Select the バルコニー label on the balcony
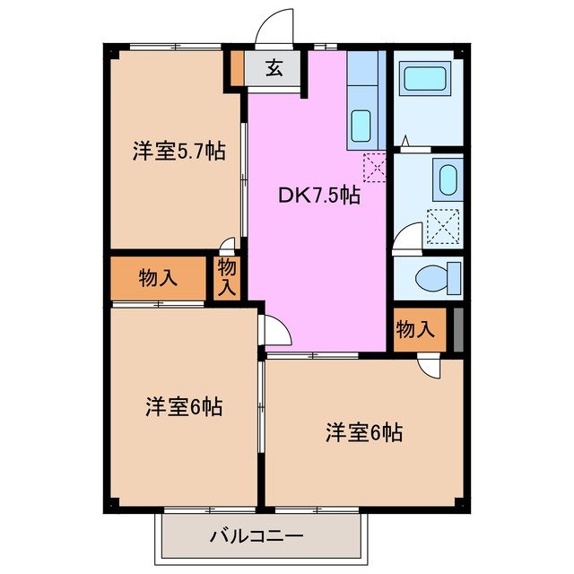click(x=257, y=537)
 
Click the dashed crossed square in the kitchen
click(x=374, y=165)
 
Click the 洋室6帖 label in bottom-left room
click(x=184, y=406)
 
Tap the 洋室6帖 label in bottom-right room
click(x=363, y=433)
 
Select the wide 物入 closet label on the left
click(x=158, y=278)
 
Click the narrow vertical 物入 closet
click(x=228, y=277)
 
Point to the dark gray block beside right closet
click(x=458, y=329)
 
